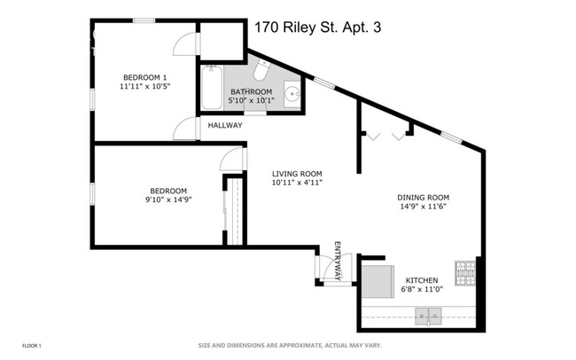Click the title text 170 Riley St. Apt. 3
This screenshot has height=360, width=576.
(x=317, y=27)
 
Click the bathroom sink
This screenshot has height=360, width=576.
(x=292, y=92)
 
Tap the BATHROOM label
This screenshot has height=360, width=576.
(x=253, y=91)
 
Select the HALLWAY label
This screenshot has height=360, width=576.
(x=225, y=126)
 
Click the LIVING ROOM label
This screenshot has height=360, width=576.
(x=296, y=174)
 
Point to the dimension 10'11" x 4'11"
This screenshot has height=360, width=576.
(x=296, y=184)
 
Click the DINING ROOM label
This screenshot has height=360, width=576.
(x=423, y=197)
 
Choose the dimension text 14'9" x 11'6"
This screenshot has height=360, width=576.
(x=423, y=207)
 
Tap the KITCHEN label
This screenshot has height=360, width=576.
(x=422, y=280)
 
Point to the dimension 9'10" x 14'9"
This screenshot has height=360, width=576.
(x=167, y=200)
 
